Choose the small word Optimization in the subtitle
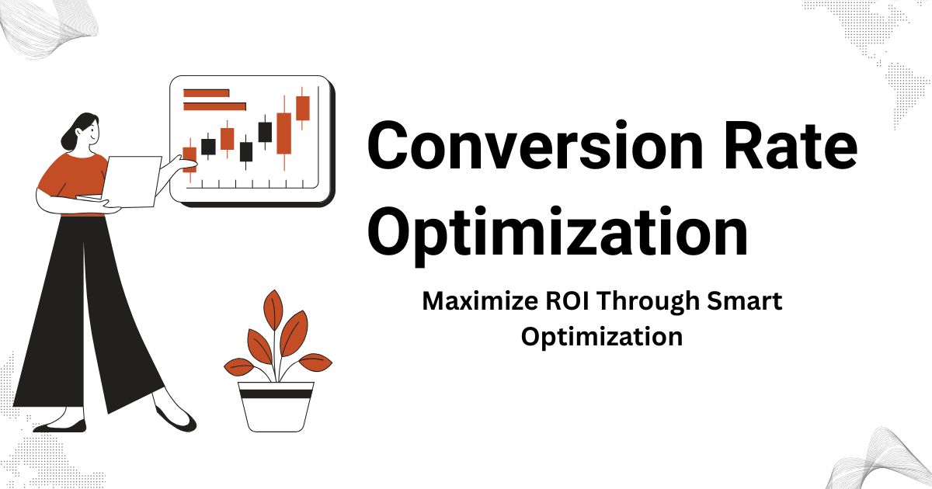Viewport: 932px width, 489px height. tap(601, 337)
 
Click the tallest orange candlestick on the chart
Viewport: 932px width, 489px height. tap(284, 133)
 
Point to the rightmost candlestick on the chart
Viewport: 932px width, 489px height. tap(302, 108)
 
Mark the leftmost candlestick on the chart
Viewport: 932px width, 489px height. tap(190, 158)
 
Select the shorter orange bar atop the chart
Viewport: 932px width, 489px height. tap(206, 93)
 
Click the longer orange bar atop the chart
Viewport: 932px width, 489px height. tap(214, 106)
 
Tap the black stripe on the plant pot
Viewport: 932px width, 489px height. tap(276, 394)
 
